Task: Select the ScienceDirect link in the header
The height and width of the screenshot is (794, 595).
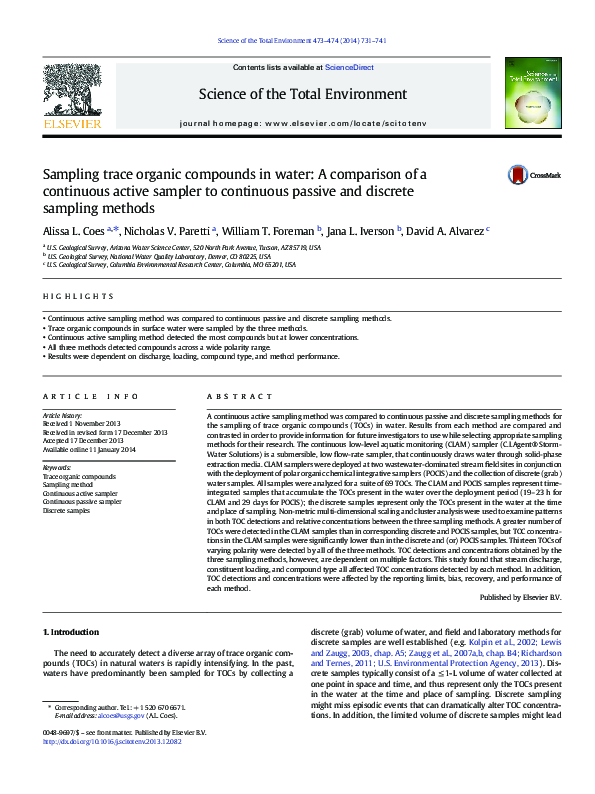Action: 350,67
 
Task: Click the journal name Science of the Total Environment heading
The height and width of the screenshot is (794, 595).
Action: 303,95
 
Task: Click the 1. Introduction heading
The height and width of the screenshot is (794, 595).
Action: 74,632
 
